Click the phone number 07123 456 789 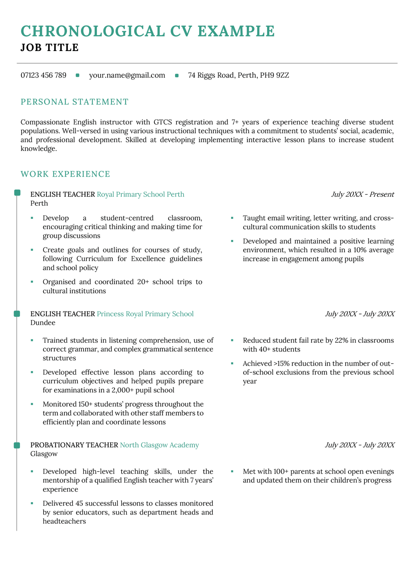coord(43,75)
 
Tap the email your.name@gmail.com coord(127,75)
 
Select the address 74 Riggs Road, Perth coord(238,75)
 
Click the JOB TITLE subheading coord(50,48)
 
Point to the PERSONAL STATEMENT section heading coord(74,102)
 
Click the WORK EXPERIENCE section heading coord(65,174)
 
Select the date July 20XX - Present coord(362,194)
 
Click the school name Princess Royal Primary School coord(145,314)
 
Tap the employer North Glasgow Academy coord(159,445)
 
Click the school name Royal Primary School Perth coord(140,194)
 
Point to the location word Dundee coord(43,323)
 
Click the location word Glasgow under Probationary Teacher coord(44,454)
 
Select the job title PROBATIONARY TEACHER coord(74,445)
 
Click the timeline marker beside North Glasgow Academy coord(17,445)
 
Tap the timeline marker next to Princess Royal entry coord(17,314)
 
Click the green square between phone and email coord(78,75)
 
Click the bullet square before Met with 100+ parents coord(232,471)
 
